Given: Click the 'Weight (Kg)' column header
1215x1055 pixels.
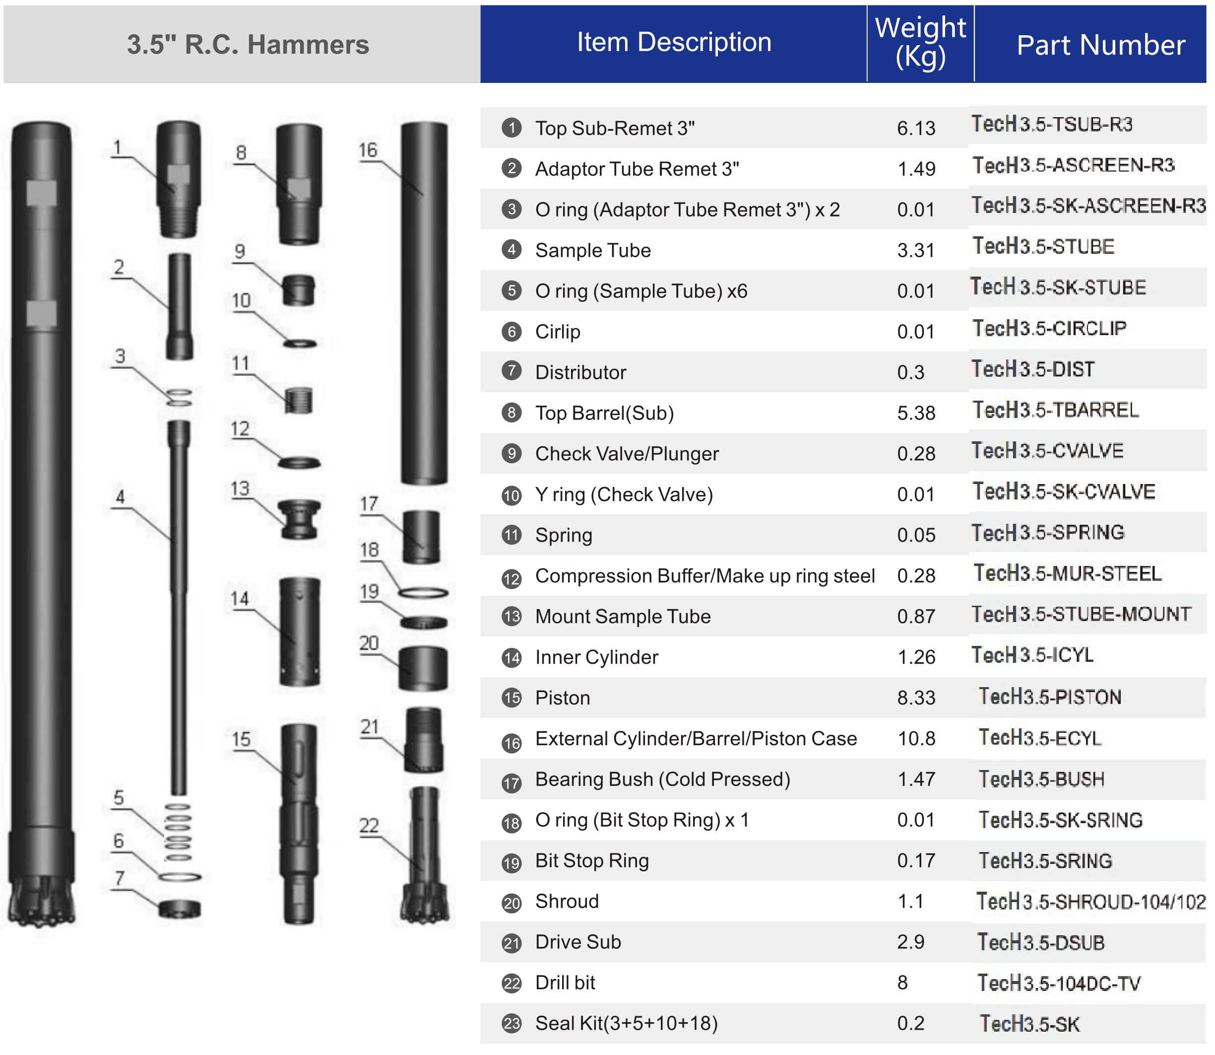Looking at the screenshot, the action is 920,42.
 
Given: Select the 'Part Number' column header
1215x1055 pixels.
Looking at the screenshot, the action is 1100,45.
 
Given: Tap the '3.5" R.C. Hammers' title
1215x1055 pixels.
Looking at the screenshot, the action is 248,45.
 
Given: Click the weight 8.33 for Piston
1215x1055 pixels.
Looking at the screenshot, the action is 916,698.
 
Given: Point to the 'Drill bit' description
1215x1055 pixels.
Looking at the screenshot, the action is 565,983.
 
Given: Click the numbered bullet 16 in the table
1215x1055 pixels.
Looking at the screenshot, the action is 512,743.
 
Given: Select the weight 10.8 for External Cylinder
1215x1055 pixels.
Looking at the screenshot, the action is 916,738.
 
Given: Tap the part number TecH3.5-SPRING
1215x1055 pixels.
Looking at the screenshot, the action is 1047,532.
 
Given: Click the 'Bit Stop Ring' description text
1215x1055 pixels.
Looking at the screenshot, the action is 592,861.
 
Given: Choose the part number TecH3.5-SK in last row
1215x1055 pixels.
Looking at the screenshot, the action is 1029,1024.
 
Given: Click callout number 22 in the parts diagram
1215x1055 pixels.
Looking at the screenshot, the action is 369,826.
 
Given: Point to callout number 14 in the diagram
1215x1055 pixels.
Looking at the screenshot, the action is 240,599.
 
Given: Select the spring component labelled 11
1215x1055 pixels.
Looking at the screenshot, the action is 298,400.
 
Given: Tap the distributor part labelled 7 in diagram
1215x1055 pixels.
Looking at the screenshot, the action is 180,909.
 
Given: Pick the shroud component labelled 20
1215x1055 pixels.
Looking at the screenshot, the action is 423,668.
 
